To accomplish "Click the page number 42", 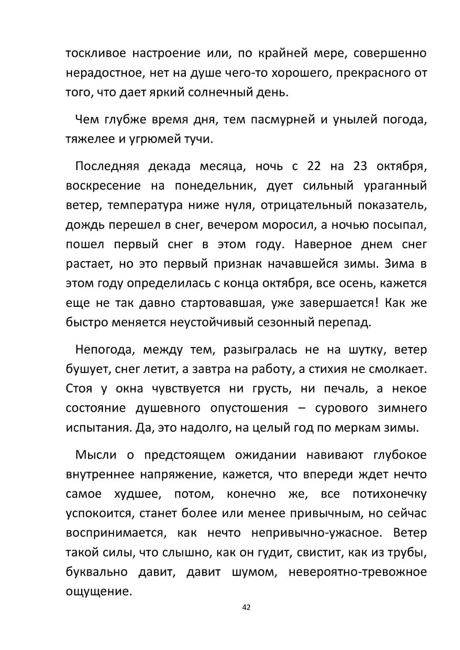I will click(246, 607).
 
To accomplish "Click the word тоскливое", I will click(96, 54).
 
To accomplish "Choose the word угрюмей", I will click(163, 140).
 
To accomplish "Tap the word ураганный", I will click(395, 186).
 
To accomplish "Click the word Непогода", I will click(103, 350).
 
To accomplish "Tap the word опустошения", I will click(249, 408).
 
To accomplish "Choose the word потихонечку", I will click(389, 494).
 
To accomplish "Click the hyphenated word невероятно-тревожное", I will click(357, 572).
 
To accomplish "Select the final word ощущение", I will click(99, 592).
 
